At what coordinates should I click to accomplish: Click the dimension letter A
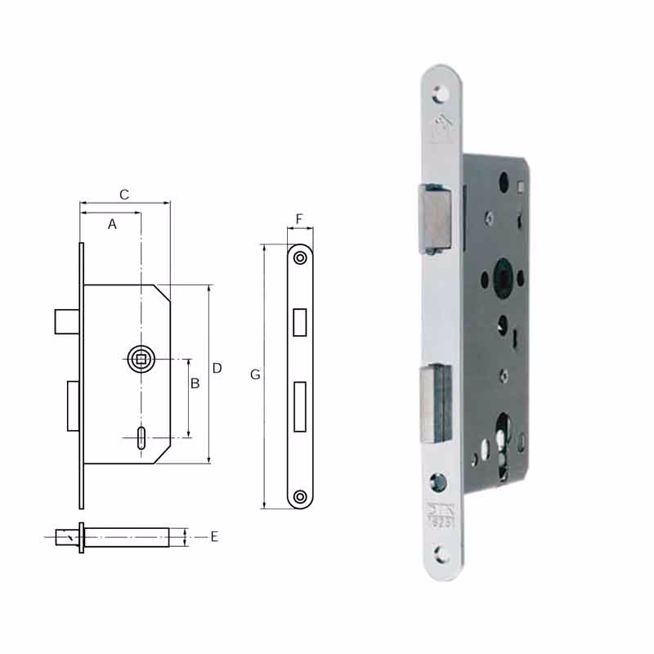112,224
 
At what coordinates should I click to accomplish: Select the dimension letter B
195,383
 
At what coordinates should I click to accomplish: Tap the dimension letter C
124,195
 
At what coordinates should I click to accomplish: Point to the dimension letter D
217,369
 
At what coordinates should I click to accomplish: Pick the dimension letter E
214,537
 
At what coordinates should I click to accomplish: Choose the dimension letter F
299,219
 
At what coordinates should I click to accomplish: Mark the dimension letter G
255,374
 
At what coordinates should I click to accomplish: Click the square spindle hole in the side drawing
141,359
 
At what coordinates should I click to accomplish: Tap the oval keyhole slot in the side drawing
142,437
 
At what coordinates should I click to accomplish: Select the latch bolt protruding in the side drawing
66,321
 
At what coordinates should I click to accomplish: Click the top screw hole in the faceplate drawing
300,258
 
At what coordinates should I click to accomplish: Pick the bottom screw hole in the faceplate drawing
300,495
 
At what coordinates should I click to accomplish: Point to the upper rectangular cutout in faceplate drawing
300,322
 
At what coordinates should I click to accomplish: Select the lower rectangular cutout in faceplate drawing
300,406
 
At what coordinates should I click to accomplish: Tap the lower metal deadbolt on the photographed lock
435,401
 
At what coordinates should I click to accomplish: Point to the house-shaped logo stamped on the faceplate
441,126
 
